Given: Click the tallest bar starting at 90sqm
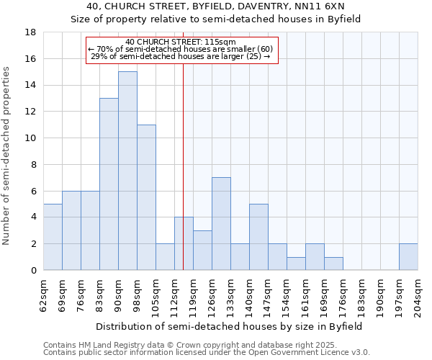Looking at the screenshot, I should pyautogui.click(x=127, y=171).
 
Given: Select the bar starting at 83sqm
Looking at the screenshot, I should pyautogui.click(x=109, y=184).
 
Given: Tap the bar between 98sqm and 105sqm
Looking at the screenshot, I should pyautogui.click(x=146, y=197).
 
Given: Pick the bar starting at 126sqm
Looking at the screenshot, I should pyautogui.click(x=221, y=224).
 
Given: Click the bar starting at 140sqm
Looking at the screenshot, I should pyautogui.click(x=258, y=237).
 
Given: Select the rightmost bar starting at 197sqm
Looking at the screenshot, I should pyautogui.click(x=408, y=257).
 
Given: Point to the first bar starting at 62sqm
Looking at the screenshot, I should pyautogui.click(x=53, y=237).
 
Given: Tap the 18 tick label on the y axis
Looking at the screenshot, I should pyautogui.click(x=31, y=32).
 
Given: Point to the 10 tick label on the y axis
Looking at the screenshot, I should pyautogui.click(x=31, y=138).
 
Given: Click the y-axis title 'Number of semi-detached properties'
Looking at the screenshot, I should pyautogui.click(x=7, y=156).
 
